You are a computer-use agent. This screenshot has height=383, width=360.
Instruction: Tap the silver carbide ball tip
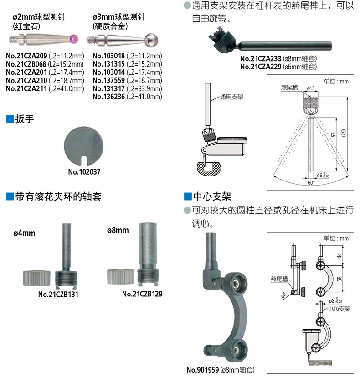point(151,39)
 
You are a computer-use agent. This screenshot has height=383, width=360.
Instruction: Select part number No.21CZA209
point(26,56)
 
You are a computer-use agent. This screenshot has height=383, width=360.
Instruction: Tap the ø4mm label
point(24,233)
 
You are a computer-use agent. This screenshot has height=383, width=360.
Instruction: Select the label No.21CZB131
point(58,294)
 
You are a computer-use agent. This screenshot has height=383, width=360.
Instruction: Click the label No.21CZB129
point(142,294)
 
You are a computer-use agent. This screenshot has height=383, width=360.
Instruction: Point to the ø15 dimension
point(311,88)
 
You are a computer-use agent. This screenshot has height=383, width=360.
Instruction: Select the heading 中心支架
point(212,197)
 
